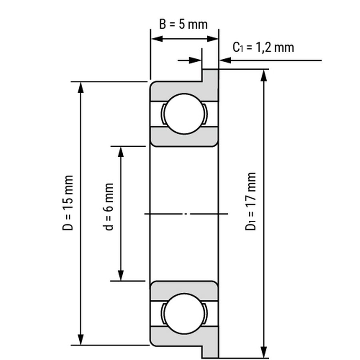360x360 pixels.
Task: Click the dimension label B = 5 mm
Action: tap(184, 24)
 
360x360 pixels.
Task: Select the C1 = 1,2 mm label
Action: tap(263, 47)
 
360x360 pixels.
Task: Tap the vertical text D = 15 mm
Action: tap(68, 203)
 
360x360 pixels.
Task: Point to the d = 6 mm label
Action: tap(108, 207)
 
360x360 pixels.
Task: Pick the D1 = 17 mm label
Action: tap(250, 201)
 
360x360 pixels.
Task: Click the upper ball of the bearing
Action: tap(184, 114)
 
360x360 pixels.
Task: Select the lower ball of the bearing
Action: tap(184, 313)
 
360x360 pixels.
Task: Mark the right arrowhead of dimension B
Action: tap(212, 39)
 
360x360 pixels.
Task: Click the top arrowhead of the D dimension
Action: tap(80, 88)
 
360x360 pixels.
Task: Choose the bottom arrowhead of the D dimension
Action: tap(80, 339)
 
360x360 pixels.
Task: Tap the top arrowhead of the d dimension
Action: tap(121, 152)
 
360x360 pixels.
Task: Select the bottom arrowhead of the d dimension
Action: tap(121, 275)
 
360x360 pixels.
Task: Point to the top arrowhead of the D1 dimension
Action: tap(264, 75)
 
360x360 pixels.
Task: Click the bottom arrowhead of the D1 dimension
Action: tap(264, 352)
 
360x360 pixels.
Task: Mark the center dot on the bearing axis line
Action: tap(186, 214)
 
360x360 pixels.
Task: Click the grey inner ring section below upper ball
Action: tap(184, 137)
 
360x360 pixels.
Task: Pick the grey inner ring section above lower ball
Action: tap(184, 290)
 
